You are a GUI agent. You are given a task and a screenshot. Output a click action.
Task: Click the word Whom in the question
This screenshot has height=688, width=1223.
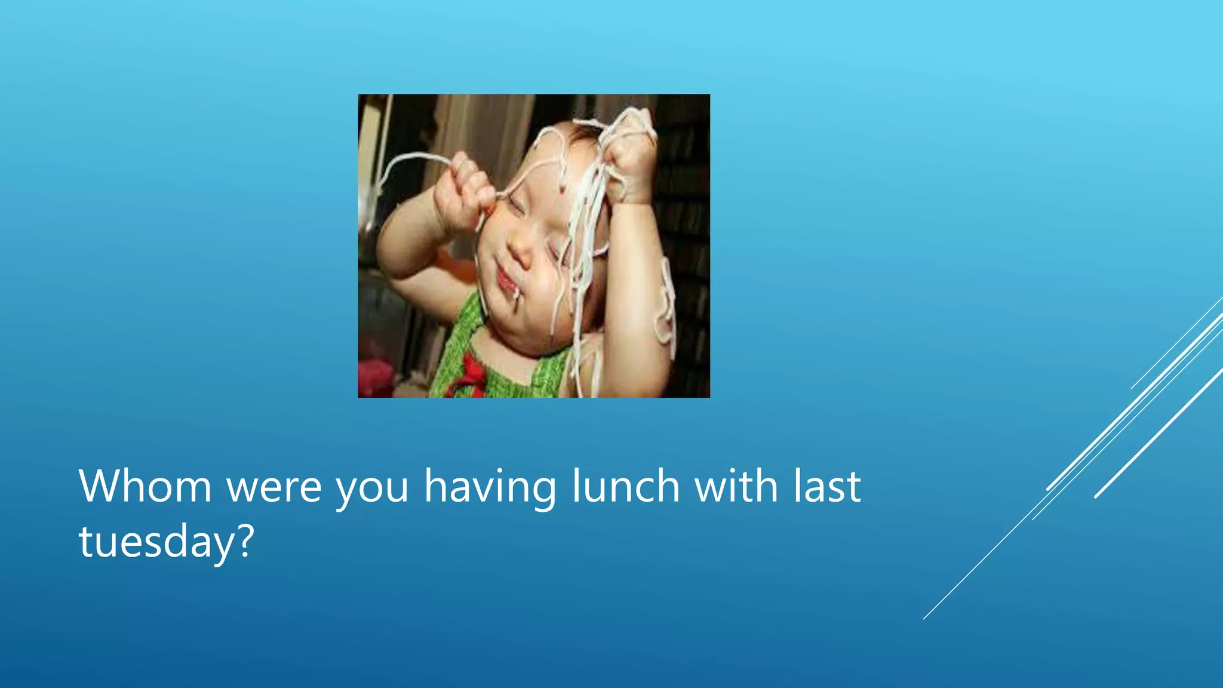(145, 486)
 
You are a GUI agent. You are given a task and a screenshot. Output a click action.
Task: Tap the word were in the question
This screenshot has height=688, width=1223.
(274, 487)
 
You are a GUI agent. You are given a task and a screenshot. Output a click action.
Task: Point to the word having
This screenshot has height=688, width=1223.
(490, 487)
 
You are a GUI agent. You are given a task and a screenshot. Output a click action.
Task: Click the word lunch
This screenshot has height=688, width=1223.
(626, 486)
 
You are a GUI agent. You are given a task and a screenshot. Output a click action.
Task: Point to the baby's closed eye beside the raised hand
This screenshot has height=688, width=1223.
(515, 209)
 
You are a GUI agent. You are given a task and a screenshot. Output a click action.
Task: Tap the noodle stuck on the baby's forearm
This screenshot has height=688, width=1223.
(666, 305)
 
